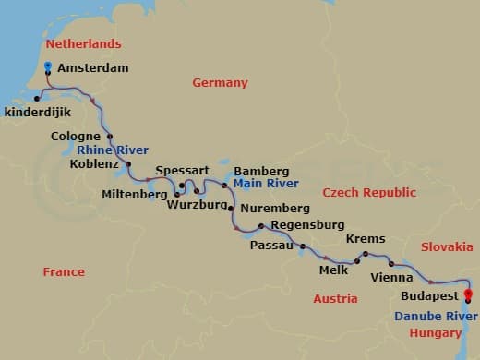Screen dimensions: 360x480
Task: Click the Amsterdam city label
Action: click(x=92, y=68)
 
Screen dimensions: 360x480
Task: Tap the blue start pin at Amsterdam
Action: click(x=47, y=66)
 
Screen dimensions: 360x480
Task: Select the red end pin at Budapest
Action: click(x=468, y=297)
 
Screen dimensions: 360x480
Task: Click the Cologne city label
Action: click(x=76, y=138)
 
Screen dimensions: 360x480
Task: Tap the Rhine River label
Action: click(x=113, y=150)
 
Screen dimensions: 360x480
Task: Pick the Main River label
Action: click(x=259, y=184)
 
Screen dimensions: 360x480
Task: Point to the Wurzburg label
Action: click(x=197, y=205)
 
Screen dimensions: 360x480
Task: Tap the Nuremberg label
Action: click(x=274, y=210)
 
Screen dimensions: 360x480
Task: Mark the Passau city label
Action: click(x=271, y=246)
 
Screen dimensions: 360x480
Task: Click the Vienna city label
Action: click(x=390, y=277)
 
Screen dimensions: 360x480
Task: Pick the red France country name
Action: click(x=64, y=272)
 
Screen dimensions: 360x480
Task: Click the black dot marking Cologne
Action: click(x=110, y=136)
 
